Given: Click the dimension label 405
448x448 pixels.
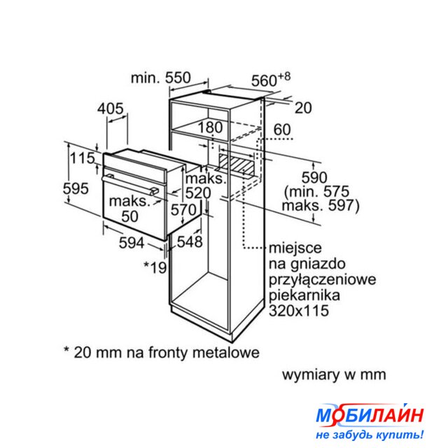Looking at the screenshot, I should point(111,108).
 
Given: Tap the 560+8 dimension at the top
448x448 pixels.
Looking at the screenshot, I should point(270,80).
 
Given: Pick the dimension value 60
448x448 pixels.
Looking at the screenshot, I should point(281,129).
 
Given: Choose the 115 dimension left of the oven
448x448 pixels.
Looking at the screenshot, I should point(83,159).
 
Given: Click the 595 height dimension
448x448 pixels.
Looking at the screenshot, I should point(75,188).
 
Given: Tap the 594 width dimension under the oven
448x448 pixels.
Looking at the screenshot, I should point(130,243).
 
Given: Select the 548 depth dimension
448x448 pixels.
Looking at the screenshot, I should point(189,242).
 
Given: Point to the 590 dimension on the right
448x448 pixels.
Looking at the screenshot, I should point(314,175).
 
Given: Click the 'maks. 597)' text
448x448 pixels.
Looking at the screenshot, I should point(321,206).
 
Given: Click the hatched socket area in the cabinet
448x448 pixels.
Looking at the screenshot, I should point(237,166).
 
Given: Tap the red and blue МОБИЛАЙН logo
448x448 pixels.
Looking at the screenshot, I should point(370,415).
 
